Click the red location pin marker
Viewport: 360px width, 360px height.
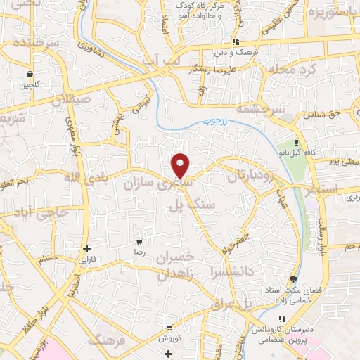pyautogui.click(x=181, y=165)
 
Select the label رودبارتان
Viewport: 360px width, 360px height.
pyautogui.click(x=252, y=176)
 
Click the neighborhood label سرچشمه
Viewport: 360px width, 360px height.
pyautogui.click(x=261, y=110)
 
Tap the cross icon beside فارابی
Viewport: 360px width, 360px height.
pyautogui.click(x=86, y=248)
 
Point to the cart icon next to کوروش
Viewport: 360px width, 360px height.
pyautogui.click(x=169, y=328)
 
